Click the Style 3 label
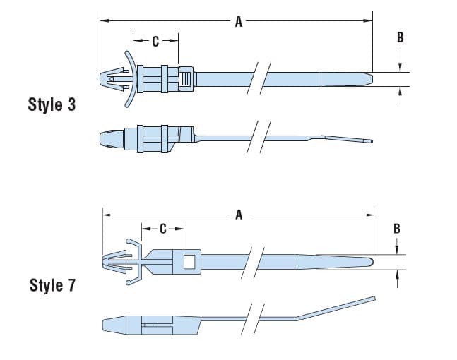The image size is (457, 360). click(51, 105)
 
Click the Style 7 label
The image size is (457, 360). click(52, 285)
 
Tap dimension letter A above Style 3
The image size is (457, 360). click(238, 23)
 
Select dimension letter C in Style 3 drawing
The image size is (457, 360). click(155, 42)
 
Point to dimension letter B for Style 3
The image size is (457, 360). click(400, 37)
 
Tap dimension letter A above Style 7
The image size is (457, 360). click(239, 215)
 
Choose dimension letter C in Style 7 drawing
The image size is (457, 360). click(162, 229)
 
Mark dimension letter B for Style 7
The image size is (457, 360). click(397, 228)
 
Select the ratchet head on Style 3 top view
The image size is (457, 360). click(186, 78)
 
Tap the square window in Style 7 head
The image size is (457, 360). click(189, 262)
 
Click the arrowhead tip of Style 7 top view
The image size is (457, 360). click(112, 263)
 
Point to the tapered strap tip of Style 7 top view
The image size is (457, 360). click(360, 262)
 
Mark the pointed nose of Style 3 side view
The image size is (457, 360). click(101, 137)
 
